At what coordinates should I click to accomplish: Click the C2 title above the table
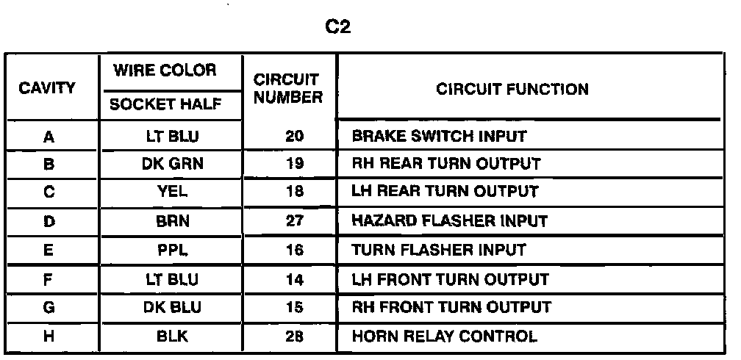[338, 29]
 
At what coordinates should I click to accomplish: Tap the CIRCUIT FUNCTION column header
[512, 90]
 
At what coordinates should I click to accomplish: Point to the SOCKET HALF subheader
[165, 105]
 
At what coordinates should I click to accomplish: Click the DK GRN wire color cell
[172, 165]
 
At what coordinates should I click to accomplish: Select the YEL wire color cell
[172, 192]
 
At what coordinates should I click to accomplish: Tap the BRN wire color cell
[172, 221]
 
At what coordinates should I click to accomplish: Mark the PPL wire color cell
[172, 250]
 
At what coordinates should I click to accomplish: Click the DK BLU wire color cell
[172, 308]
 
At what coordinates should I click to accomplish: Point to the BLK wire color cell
[172, 337]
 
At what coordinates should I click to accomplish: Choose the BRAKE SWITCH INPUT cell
[439, 137]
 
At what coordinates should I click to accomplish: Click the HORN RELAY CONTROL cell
[444, 337]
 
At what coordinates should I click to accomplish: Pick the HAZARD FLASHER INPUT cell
[450, 221]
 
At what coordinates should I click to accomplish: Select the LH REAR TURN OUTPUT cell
[445, 192]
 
